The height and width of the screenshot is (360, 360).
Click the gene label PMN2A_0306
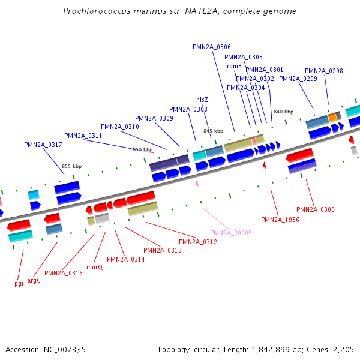(212, 47)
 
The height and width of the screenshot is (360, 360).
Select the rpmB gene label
(234, 66)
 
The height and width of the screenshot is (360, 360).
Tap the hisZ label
(202, 100)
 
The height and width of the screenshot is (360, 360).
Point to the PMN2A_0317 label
(43, 145)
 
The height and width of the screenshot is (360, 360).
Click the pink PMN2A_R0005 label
(230, 233)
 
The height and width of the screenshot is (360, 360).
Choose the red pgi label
(19, 283)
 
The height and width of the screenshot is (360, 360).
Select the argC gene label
(34, 280)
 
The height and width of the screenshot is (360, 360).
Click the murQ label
(95, 267)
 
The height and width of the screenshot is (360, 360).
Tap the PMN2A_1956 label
(280, 220)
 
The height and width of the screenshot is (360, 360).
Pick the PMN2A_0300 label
(316, 209)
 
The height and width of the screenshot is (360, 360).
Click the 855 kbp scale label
(71, 166)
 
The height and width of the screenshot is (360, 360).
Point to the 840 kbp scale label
(283, 112)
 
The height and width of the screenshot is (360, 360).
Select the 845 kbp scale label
(213, 131)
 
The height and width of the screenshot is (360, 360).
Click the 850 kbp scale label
(142, 149)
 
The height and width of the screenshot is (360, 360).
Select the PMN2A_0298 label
(324, 71)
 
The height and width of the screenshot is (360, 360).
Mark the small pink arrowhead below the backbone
(196, 184)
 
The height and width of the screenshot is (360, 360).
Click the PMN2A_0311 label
(83, 136)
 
